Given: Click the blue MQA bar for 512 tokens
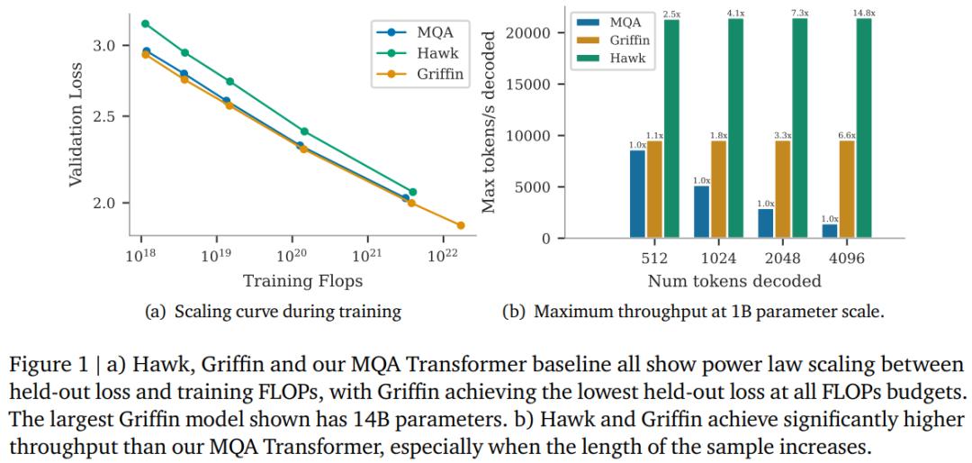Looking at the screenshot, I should (x=637, y=194).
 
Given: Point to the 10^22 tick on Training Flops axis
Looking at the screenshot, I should (x=443, y=257).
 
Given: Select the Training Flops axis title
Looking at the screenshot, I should (x=292, y=281).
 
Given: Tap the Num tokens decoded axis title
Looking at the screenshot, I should (x=734, y=281).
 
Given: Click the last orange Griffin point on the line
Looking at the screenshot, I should (x=461, y=225).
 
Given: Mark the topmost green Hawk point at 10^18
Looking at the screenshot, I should (x=146, y=23).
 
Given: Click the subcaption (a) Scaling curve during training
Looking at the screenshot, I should (x=273, y=313).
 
